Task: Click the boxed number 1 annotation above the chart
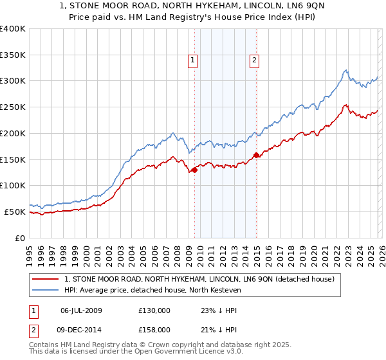tap(193, 60)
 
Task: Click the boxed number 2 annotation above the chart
tap(255, 60)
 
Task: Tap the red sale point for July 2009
tap(194, 170)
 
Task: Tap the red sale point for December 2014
tap(256, 155)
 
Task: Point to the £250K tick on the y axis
tap(14, 107)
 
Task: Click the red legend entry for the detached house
tap(199, 280)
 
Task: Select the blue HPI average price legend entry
tap(152, 291)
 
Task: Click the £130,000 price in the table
tap(154, 310)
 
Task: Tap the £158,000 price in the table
tap(154, 330)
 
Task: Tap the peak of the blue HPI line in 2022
tap(345, 70)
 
